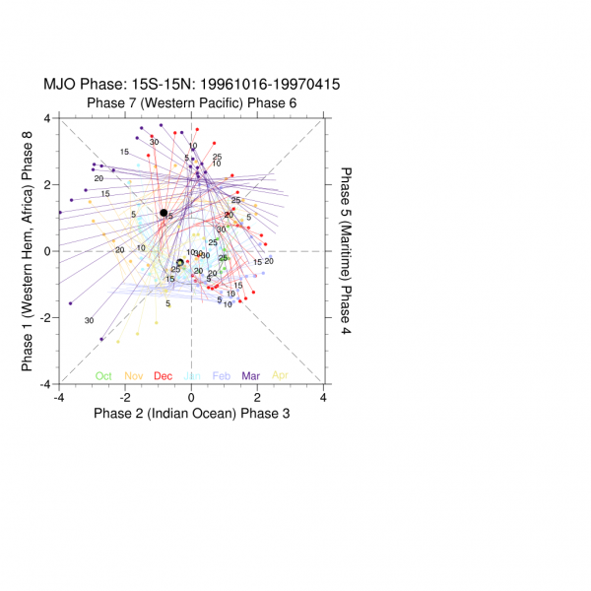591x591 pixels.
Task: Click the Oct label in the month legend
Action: (x=103, y=374)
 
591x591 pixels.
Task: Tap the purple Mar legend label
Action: (x=251, y=374)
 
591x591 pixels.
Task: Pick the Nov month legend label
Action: (x=133, y=374)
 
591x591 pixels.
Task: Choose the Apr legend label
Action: (x=281, y=374)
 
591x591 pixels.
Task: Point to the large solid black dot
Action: (x=164, y=213)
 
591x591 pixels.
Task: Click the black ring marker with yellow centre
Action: (x=179, y=262)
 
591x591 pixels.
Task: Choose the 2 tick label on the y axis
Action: (x=50, y=184)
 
